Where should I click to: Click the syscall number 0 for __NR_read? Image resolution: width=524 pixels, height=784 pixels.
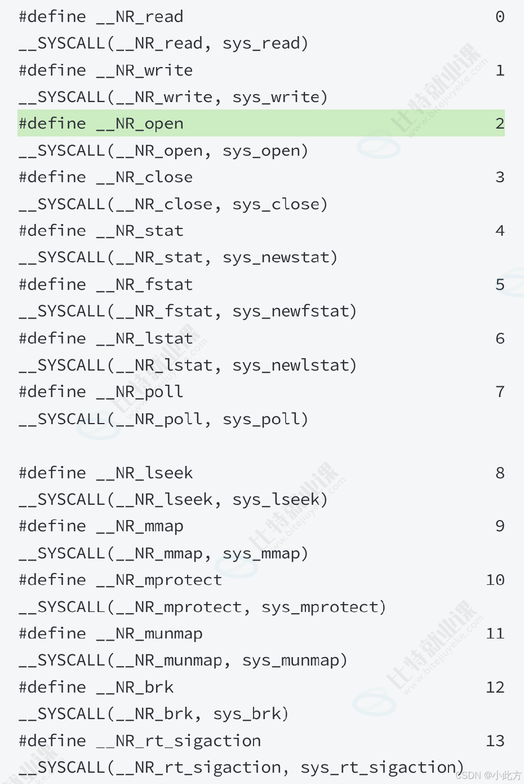[x=500, y=16]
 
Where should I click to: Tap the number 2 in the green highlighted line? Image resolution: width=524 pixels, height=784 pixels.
[x=500, y=124]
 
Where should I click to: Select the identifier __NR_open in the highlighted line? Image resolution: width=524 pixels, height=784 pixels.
[x=140, y=124]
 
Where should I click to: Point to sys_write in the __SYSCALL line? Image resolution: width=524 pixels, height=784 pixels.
[x=276, y=98]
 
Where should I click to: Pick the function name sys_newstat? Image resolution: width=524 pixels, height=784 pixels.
[x=276, y=258]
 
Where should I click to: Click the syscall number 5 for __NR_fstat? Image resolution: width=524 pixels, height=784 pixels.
[x=500, y=284]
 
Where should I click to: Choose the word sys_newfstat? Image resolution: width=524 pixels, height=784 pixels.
[x=290, y=311]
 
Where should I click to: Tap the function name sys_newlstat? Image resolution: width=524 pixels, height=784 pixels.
[x=290, y=365]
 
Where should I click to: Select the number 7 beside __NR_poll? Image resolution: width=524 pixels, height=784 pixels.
[x=500, y=391]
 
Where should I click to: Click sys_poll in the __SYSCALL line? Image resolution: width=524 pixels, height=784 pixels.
[x=261, y=419]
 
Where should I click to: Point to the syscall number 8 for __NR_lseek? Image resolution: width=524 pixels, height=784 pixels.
[x=500, y=473]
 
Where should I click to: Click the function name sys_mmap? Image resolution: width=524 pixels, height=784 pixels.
[x=261, y=554]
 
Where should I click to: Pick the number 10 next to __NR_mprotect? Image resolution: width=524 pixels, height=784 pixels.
[x=495, y=580]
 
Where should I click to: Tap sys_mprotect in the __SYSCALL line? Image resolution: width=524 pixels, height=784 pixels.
[x=319, y=607]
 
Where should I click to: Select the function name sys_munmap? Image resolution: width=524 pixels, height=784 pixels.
[x=290, y=661]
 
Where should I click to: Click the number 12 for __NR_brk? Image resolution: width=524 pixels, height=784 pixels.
[x=495, y=688]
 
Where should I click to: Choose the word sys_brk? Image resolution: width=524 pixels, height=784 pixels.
[x=246, y=715]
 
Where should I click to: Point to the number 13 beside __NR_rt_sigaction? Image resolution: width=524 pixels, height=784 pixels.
[x=495, y=741]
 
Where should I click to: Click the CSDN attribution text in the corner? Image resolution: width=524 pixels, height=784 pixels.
[x=489, y=775]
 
